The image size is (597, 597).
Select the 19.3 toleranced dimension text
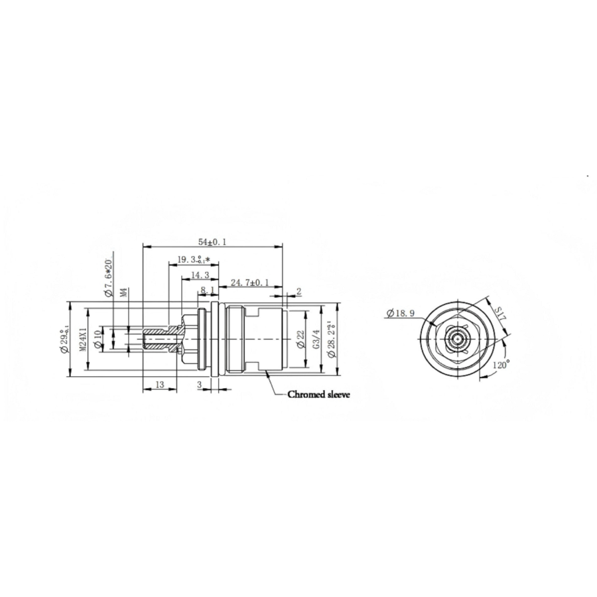(193, 259)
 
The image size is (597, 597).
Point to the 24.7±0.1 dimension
(249, 283)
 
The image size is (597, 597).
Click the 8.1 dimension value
(207, 291)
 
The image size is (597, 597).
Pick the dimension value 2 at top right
(298, 291)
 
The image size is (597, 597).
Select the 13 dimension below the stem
(160, 384)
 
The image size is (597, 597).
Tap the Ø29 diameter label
(64, 340)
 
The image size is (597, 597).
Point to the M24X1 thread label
(84, 340)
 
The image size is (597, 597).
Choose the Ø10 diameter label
(98, 339)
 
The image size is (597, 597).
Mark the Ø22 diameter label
(300, 340)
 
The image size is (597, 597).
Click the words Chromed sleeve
(318, 394)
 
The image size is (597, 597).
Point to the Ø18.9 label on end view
(399, 312)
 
